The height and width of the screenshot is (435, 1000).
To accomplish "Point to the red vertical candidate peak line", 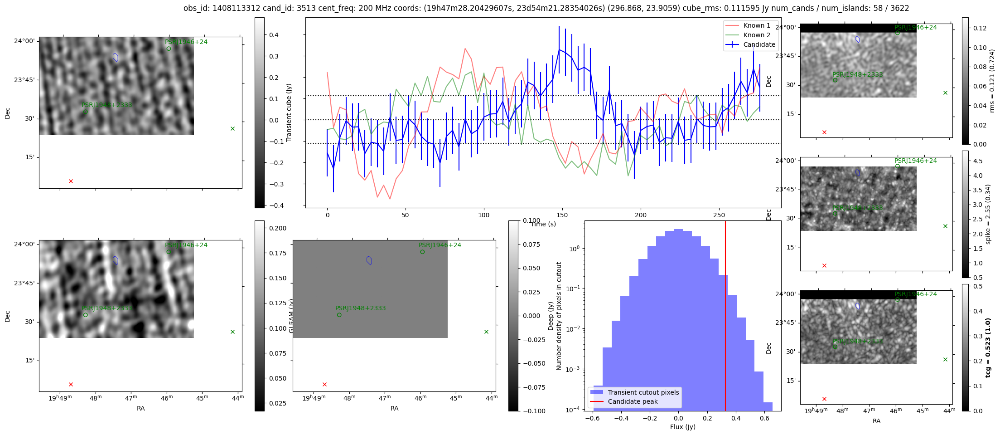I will point(725,318).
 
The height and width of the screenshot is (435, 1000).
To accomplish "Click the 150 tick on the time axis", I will point(562,215).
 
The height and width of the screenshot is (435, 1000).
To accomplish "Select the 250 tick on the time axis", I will point(719,215).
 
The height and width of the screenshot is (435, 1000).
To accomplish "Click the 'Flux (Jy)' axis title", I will point(682,427).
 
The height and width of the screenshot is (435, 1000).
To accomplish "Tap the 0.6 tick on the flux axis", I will point(764,418).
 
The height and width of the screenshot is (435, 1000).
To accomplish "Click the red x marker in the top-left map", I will point(71,181).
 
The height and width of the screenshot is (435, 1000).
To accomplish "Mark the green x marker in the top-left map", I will point(232,129).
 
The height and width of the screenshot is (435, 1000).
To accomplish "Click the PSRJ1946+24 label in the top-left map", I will point(186,42).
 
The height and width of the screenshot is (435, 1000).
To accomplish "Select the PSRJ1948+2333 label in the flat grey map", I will point(360,308).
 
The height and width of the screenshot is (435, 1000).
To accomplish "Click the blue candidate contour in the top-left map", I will point(116,57).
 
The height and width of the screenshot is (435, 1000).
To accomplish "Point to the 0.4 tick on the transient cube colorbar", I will point(274,35).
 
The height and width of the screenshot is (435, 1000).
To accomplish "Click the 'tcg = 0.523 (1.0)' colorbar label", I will point(988,347).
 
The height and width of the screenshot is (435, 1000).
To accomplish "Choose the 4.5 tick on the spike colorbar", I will point(978,161).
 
